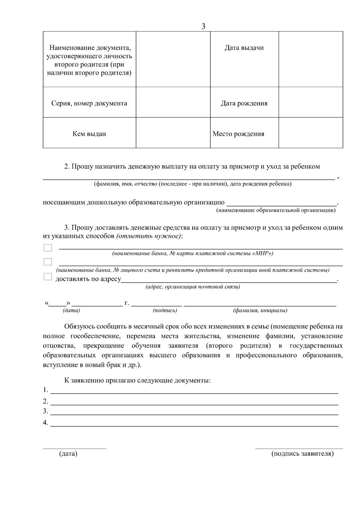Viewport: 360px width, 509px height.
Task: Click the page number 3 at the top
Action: click(x=203, y=26)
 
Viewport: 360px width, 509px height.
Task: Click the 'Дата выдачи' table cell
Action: click(x=244, y=48)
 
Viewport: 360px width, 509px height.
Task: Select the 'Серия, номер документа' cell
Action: click(x=89, y=103)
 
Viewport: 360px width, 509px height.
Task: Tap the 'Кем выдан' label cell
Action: click(x=89, y=134)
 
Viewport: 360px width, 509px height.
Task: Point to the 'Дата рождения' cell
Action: click(x=244, y=103)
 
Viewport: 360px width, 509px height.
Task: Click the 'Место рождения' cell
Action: click(x=238, y=134)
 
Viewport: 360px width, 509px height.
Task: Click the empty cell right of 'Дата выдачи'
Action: click(x=311, y=59)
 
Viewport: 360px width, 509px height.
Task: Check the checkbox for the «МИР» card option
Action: click(x=48, y=248)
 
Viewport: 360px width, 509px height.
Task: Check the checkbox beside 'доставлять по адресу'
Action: click(x=48, y=277)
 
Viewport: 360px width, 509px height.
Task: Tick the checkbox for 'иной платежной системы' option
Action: click(x=48, y=262)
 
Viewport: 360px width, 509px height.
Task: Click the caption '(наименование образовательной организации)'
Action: click(x=276, y=210)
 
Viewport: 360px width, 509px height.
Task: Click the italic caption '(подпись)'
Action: click(x=165, y=310)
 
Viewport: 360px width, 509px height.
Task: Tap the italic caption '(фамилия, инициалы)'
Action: click(x=260, y=310)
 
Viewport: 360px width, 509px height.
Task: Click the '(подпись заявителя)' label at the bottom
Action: click(x=302, y=454)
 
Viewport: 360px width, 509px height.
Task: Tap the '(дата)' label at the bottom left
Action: click(x=68, y=454)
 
